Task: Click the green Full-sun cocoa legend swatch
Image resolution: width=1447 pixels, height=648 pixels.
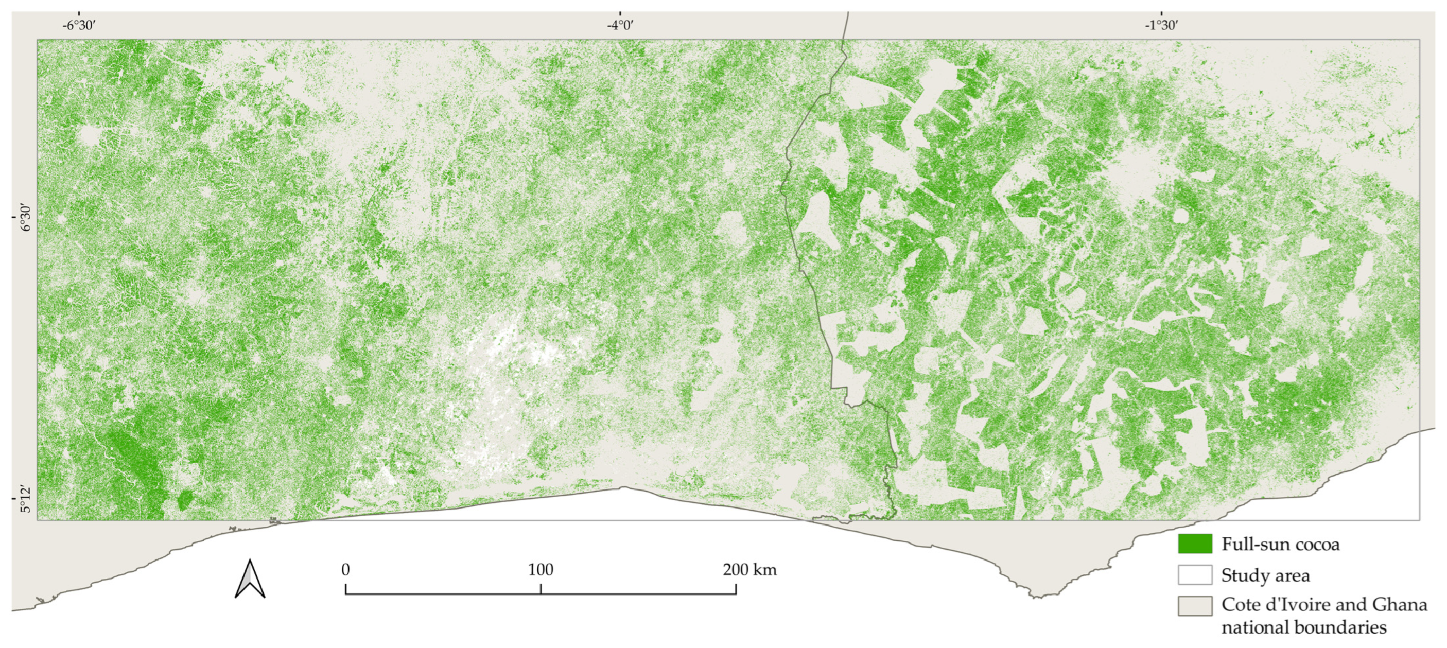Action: pyautogui.click(x=1195, y=544)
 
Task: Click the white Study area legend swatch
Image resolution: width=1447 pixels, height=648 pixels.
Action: pyautogui.click(x=1195, y=575)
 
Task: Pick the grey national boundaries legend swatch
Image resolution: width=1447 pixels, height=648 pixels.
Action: pyautogui.click(x=1195, y=606)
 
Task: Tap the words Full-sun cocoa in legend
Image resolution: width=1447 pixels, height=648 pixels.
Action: pyautogui.click(x=1280, y=544)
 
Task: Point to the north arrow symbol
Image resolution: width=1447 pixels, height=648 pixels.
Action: pyautogui.click(x=250, y=579)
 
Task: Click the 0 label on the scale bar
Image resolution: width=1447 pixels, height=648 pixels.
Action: pyautogui.click(x=345, y=569)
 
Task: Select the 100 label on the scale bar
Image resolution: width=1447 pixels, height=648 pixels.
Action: pyautogui.click(x=541, y=569)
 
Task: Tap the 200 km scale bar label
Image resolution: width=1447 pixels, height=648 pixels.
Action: pyautogui.click(x=749, y=569)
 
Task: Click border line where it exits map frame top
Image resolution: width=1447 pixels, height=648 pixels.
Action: pyautogui.click(x=843, y=39)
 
